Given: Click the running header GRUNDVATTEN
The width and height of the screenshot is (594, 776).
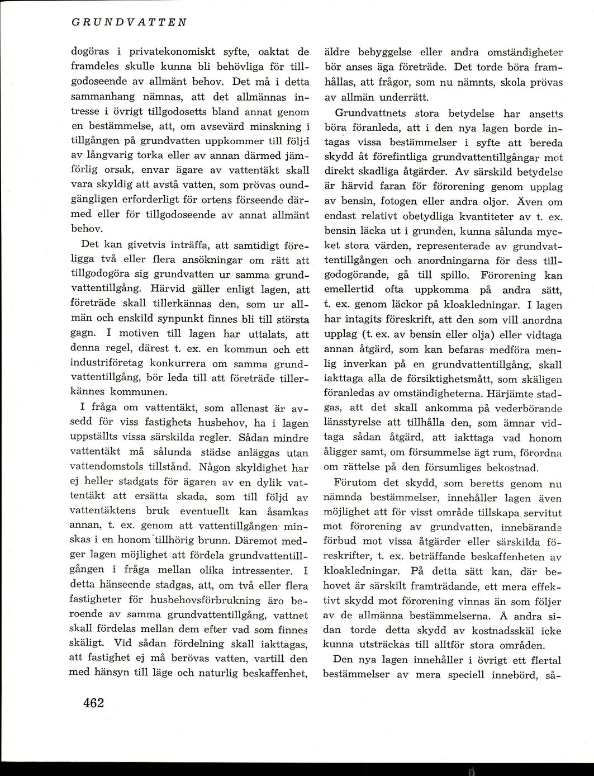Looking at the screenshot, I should (129, 23).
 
